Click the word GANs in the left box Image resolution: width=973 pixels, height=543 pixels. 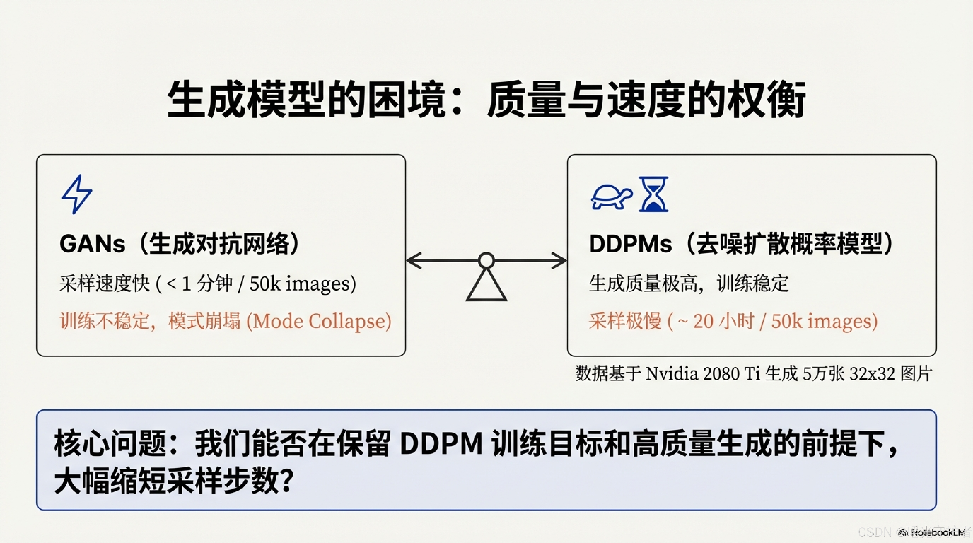(x=92, y=244)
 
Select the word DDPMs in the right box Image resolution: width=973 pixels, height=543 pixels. (x=630, y=244)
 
